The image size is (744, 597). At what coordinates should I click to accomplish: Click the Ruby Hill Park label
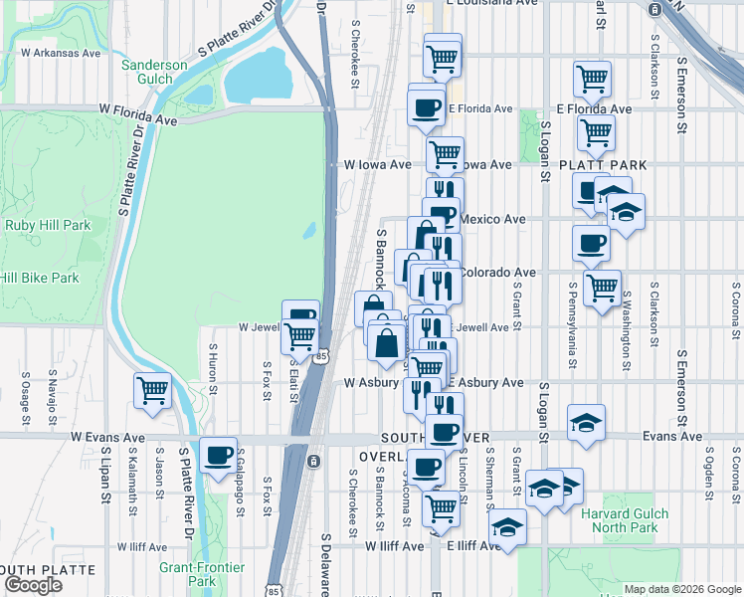click(x=48, y=225)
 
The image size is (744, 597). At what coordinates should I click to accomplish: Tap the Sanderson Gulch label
click(x=154, y=73)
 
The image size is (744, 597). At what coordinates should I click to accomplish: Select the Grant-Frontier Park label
click(x=188, y=574)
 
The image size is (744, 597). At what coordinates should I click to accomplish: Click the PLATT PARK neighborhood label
click(x=603, y=165)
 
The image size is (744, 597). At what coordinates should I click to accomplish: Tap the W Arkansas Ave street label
click(x=60, y=52)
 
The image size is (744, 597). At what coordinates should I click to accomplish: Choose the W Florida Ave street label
click(x=136, y=116)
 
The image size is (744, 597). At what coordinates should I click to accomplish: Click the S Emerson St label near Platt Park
click(x=682, y=95)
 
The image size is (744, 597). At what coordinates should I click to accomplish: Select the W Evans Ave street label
click(x=107, y=437)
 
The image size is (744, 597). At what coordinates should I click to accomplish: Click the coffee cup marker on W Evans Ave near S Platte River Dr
click(x=218, y=457)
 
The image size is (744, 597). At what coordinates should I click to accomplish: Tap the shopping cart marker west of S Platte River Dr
click(x=152, y=391)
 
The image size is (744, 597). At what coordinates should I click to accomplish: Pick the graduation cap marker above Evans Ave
click(x=586, y=422)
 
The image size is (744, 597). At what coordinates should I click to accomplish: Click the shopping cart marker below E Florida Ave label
click(x=595, y=131)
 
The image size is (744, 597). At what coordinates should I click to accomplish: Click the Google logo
click(x=32, y=585)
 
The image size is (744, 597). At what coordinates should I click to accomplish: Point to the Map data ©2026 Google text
click(x=682, y=589)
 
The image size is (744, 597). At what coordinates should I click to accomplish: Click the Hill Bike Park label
click(x=40, y=278)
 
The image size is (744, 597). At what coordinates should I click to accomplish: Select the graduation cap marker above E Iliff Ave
click(x=508, y=527)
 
